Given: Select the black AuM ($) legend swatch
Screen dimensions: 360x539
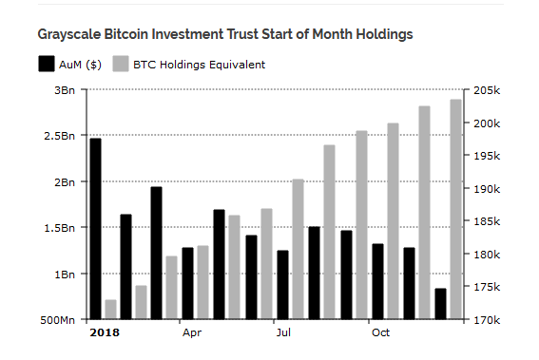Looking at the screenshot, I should click(x=46, y=65).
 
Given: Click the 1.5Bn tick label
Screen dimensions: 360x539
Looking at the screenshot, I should click(x=62, y=228).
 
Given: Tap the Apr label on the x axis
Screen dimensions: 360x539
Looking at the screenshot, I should click(x=191, y=333).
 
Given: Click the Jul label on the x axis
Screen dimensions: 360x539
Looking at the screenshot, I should click(x=283, y=333).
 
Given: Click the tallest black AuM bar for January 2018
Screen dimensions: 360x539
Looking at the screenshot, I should click(x=95, y=228).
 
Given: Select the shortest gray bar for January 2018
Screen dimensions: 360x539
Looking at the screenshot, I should click(x=110, y=310).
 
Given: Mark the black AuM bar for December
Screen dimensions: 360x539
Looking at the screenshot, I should click(x=440, y=304).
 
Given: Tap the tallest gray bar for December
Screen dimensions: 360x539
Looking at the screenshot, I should click(x=455, y=209).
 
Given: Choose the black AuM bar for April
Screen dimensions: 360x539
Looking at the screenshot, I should click(x=187, y=283).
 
